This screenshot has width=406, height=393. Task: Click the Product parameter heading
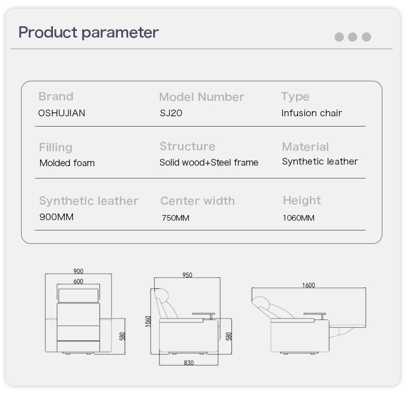88,33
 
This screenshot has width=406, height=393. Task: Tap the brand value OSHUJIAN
62,113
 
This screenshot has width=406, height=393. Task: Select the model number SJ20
171,113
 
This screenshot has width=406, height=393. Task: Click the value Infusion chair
311,113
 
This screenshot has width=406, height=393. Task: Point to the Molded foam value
67,163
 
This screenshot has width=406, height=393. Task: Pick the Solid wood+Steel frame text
209,163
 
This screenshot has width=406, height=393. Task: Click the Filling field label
56,148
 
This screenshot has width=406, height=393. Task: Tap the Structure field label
188,147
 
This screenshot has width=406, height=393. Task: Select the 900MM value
57,217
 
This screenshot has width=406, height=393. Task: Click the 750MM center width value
176,218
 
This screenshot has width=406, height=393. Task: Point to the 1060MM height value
299,218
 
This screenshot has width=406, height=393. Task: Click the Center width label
197,201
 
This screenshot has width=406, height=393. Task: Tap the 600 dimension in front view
78,281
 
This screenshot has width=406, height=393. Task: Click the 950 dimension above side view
187,275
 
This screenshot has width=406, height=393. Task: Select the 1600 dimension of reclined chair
309,285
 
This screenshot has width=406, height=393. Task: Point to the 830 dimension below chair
189,363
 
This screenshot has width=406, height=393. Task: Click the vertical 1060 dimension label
148,321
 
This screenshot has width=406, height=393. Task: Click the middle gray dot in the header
353,37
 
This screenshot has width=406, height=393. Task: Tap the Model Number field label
201,97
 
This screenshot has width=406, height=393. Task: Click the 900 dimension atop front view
78,272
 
